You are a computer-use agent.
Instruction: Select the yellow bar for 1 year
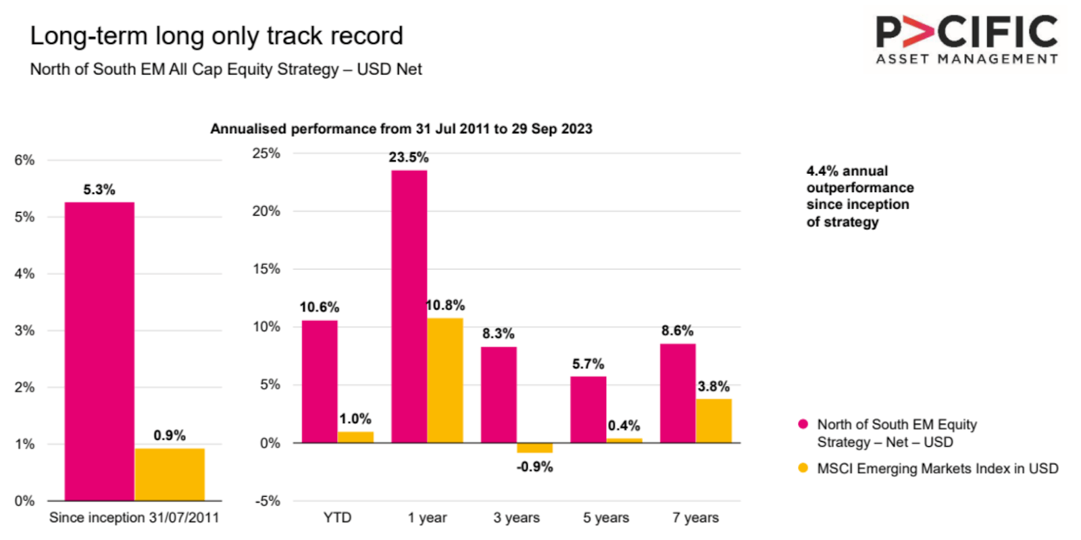(x=445, y=380)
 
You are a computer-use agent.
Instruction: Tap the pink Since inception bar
(x=99, y=351)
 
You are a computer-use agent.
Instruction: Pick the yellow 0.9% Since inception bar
(x=170, y=474)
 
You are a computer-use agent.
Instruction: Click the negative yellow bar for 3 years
(x=534, y=448)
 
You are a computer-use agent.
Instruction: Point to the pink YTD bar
(x=319, y=381)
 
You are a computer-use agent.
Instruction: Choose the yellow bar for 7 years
(x=713, y=420)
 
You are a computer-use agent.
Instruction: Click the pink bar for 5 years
(x=588, y=409)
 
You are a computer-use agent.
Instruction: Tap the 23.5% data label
(x=408, y=157)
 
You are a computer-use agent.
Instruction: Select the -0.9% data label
(x=534, y=467)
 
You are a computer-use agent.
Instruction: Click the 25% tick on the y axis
(x=266, y=153)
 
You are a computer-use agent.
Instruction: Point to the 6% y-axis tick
(x=24, y=160)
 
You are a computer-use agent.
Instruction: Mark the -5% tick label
(x=267, y=501)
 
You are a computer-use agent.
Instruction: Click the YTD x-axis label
(x=337, y=518)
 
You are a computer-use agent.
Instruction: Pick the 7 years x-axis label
(x=695, y=518)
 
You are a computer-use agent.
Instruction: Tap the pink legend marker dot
(x=803, y=424)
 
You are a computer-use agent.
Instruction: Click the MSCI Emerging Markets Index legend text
(x=937, y=468)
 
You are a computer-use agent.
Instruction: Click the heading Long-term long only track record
(x=216, y=36)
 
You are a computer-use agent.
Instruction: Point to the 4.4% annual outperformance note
(x=859, y=196)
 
